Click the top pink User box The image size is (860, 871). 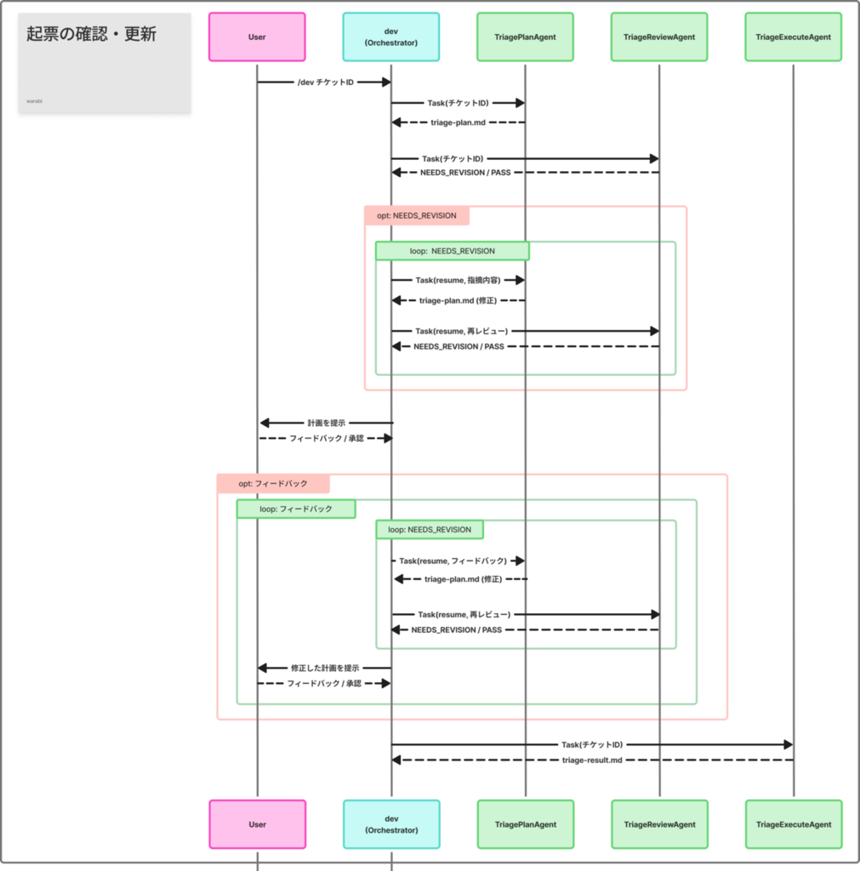coord(257,37)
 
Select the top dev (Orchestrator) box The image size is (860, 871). coord(391,37)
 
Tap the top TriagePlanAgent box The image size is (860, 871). coord(525,37)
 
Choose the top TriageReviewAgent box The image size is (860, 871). coord(659,37)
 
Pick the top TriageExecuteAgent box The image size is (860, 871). coord(794,37)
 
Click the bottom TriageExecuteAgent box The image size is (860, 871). coord(794,824)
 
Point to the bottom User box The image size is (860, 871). coord(257,824)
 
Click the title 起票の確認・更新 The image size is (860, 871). coord(92,34)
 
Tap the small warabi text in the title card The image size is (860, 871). coord(34,101)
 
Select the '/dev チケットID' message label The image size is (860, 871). coord(326,83)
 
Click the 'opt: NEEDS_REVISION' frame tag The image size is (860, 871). coord(417,215)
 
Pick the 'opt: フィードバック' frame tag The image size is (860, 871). coord(273,483)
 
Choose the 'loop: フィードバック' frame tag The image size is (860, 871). coord(296,509)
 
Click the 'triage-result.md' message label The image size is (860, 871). coord(592,760)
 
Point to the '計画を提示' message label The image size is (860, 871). coord(326,423)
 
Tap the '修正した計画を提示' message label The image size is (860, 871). coord(325,668)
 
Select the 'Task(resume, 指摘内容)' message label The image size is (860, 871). coord(458,280)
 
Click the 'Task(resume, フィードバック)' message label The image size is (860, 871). coord(453,561)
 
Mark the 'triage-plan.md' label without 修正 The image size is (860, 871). coord(458,122)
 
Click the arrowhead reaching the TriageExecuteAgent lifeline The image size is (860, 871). coord(789,744)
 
